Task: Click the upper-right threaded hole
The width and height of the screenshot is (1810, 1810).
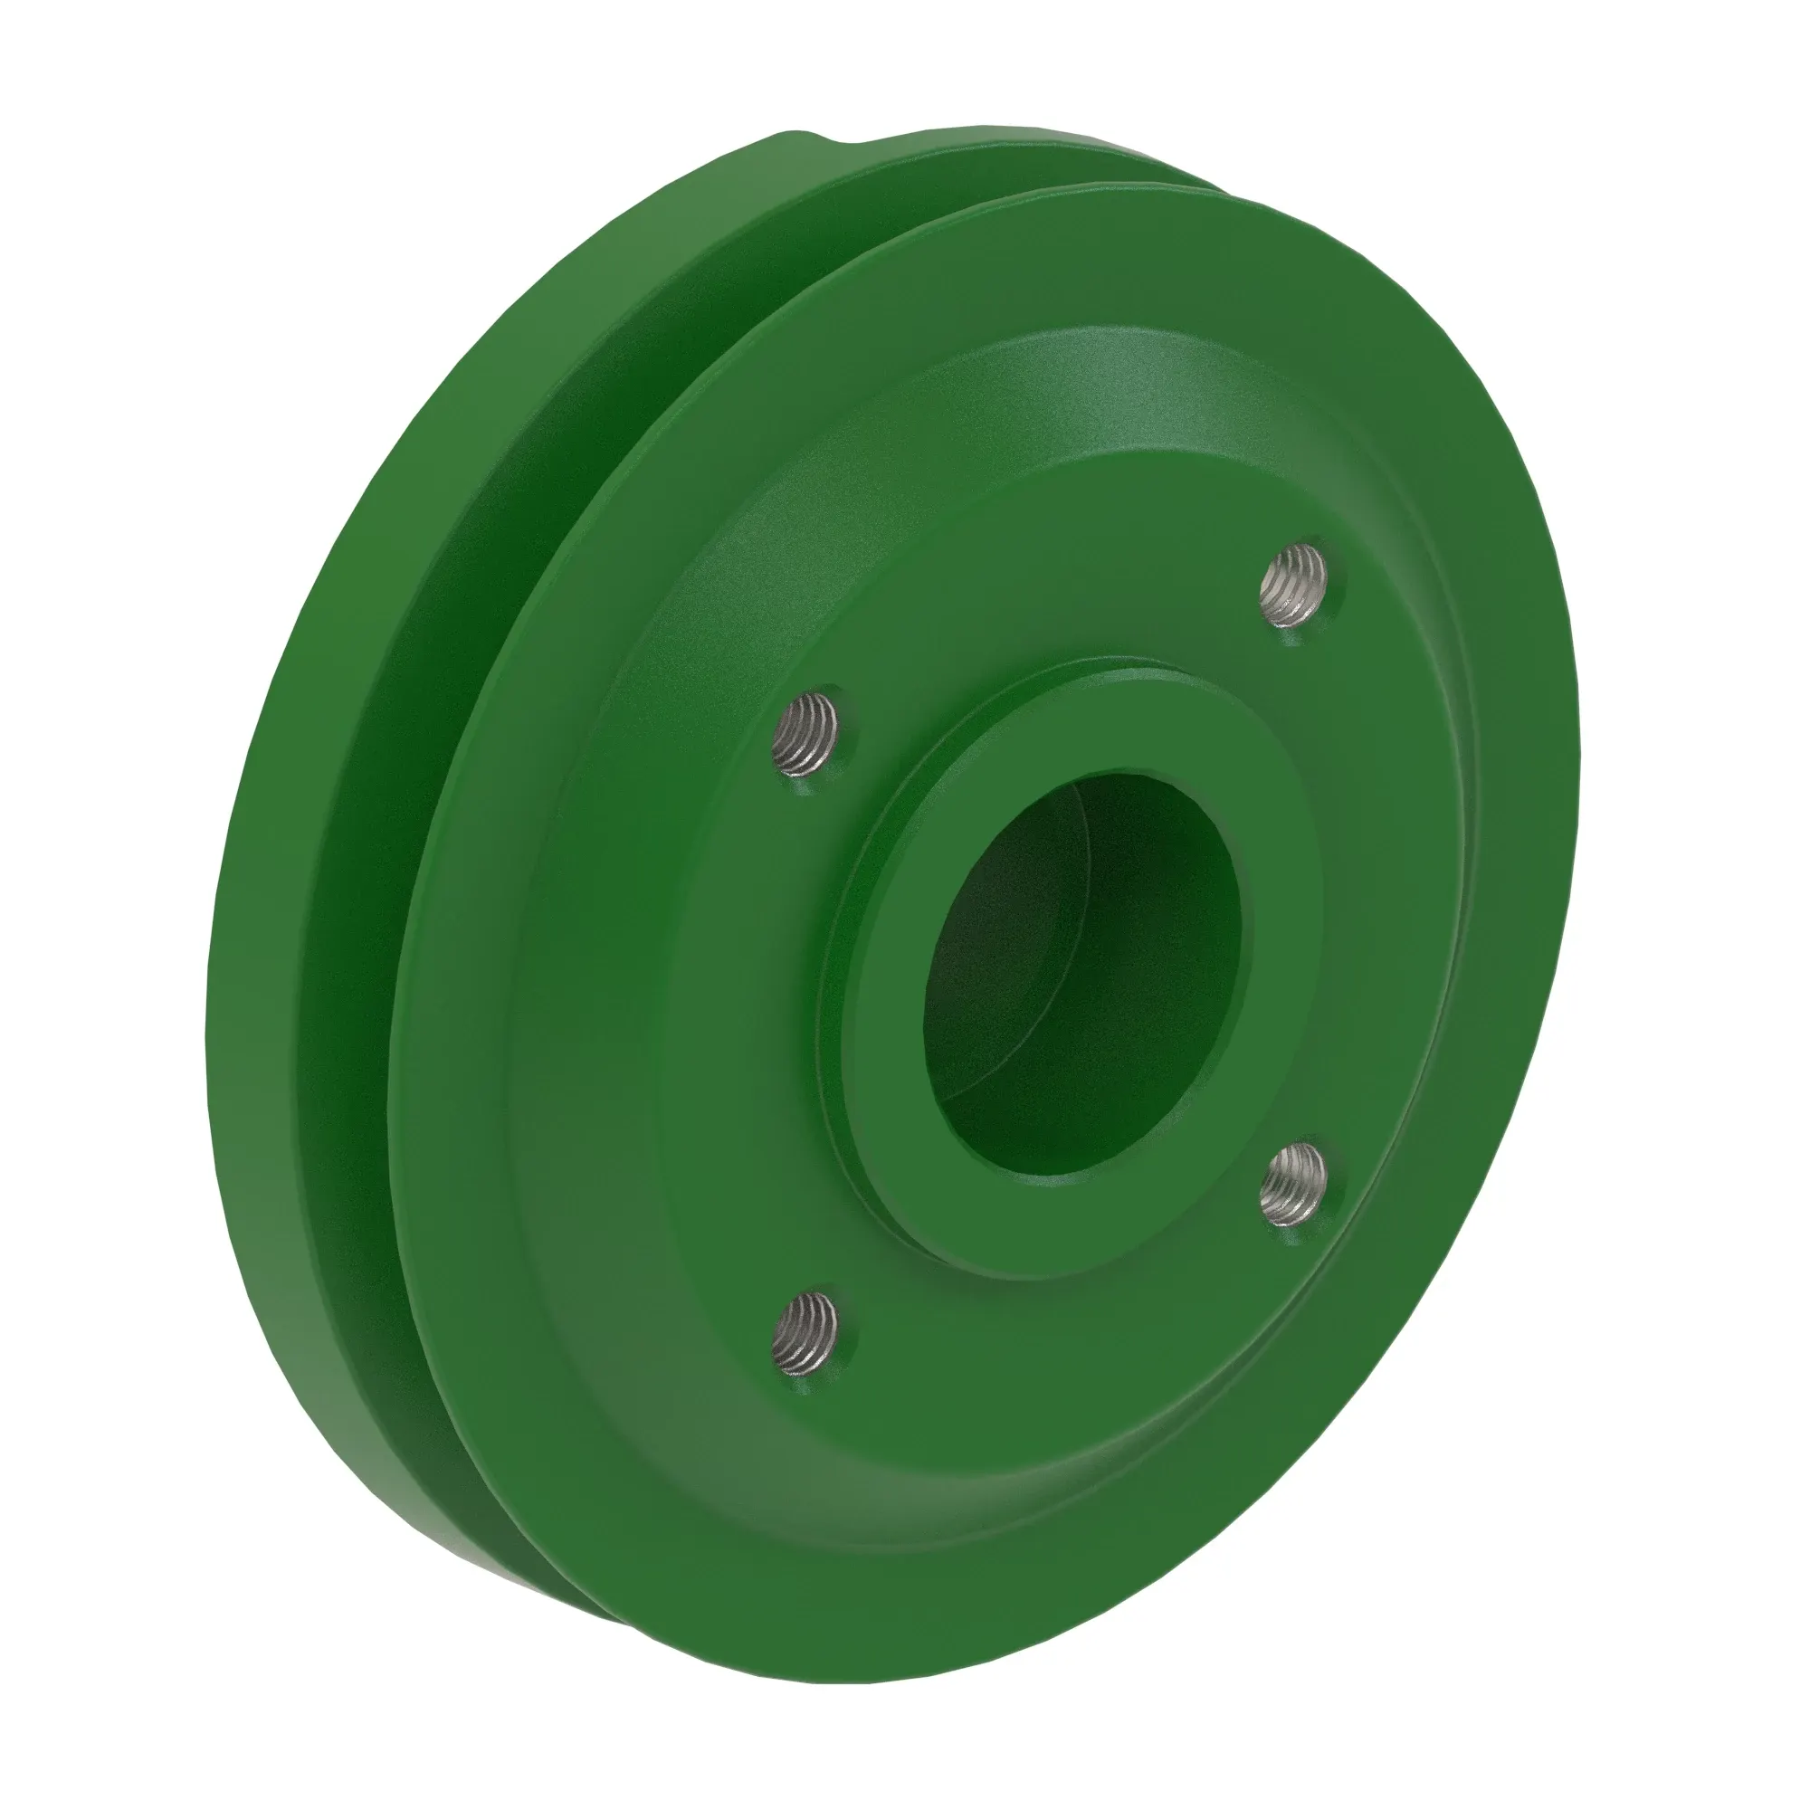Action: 1297,587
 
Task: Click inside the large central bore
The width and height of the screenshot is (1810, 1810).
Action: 1077,975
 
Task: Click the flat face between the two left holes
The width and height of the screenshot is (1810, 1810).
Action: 749,1031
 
